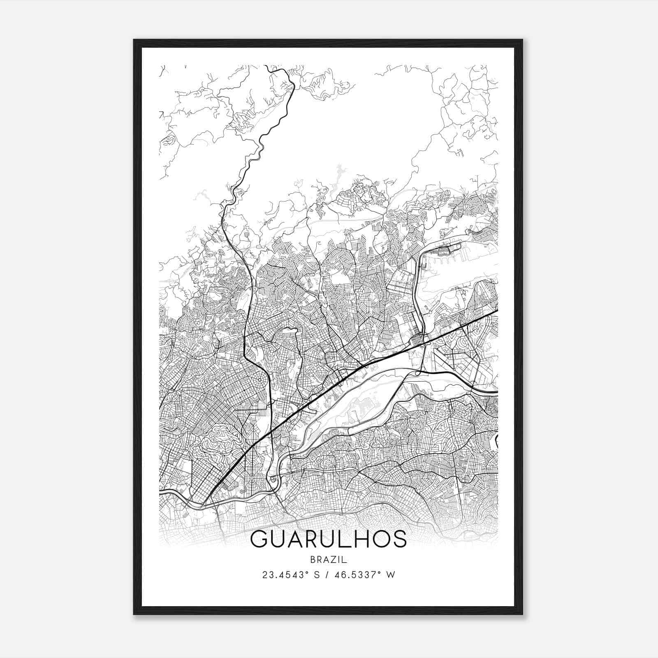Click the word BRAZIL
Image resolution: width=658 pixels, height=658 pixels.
click(x=328, y=560)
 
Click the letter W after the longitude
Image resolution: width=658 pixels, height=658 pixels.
click(x=391, y=575)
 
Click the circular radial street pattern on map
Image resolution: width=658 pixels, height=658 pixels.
click(x=261, y=381)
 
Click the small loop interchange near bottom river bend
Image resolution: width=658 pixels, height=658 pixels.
click(x=273, y=479)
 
